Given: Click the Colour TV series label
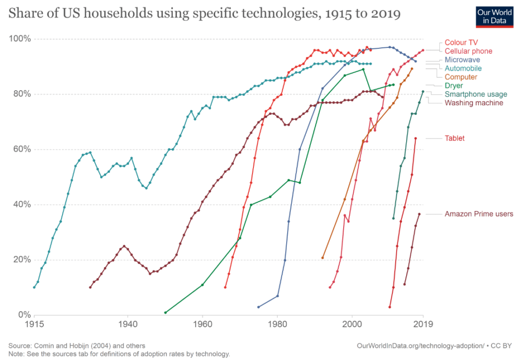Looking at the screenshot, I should (461, 43).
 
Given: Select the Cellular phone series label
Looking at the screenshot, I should (468, 51).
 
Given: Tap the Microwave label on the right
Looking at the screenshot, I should (462, 59).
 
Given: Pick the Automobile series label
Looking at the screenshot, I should (463, 68).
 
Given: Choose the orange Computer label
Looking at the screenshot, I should (461, 77).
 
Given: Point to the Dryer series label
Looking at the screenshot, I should (454, 86).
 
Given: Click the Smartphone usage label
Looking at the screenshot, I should (475, 94).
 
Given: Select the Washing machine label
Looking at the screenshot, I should (474, 103).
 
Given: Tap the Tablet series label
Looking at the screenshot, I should (454, 138).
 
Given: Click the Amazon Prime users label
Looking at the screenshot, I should (478, 214).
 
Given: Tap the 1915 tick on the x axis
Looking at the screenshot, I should (34, 325).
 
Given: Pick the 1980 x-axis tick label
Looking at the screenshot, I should (277, 325).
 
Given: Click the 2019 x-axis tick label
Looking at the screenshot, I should (423, 325).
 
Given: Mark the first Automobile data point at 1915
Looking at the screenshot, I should (34, 287).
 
